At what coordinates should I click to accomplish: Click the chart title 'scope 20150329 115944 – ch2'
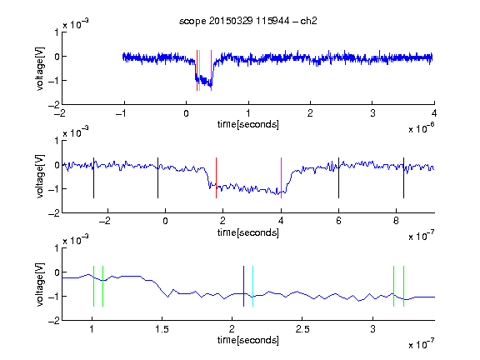(x=248, y=21)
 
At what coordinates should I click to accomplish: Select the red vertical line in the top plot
(x=197, y=70)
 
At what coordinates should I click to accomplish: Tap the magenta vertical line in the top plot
(x=211, y=70)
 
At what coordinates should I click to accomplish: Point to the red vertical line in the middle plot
(x=216, y=177)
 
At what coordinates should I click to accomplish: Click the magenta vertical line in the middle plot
(x=281, y=177)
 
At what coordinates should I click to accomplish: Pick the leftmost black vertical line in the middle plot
(x=93, y=177)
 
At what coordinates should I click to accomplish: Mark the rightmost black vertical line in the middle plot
(x=403, y=177)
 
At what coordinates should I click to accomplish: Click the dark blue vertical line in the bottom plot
(x=243, y=286)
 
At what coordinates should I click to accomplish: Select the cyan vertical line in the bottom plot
(x=252, y=286)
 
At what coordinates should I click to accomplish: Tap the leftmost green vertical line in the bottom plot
(x=93, y=286)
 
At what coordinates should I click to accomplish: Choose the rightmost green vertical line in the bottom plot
(x=404, y=286)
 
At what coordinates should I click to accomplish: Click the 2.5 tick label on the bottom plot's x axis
(x=302, y=329)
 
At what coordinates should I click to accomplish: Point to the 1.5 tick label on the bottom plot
(x=162, y=329)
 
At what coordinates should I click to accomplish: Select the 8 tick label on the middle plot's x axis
(x=396, y=221)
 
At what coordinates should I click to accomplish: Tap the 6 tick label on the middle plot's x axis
(x=338, y=221)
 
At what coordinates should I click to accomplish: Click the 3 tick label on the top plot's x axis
(x=372, y=113)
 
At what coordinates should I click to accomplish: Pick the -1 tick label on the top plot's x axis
(x=122, y=113)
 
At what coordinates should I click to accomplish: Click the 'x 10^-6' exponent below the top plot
(x=422, y=128)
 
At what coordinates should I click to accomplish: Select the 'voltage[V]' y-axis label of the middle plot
(x=40, y=177)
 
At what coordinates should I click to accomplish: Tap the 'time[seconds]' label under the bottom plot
(x=248, y=340)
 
